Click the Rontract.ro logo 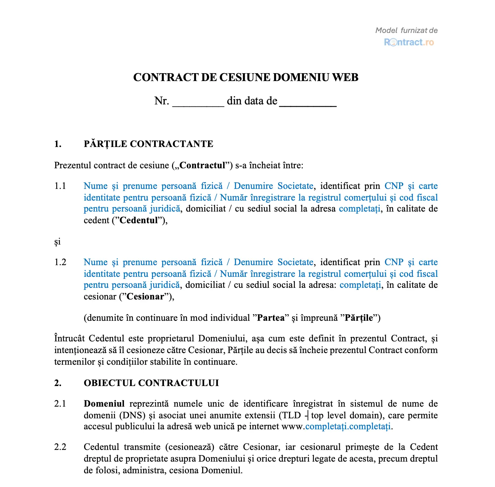point(409,42)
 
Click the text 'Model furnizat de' point(406,30)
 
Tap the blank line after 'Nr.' point(198,102)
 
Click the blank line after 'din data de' point(308,102)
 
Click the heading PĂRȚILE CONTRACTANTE point(148,144)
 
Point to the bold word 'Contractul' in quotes point(203,166)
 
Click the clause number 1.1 point(60,186)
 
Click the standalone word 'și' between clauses point(57,242)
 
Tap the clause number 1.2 point(60,262)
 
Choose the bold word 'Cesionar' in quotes point(145,297)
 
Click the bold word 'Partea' point(271,318)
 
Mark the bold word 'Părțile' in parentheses point(359,318)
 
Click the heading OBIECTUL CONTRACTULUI point(151,383)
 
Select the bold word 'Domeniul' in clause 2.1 point(104,404)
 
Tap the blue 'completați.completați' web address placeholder point(348,427)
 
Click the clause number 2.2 point(60,447)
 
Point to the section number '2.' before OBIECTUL point(58,383)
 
